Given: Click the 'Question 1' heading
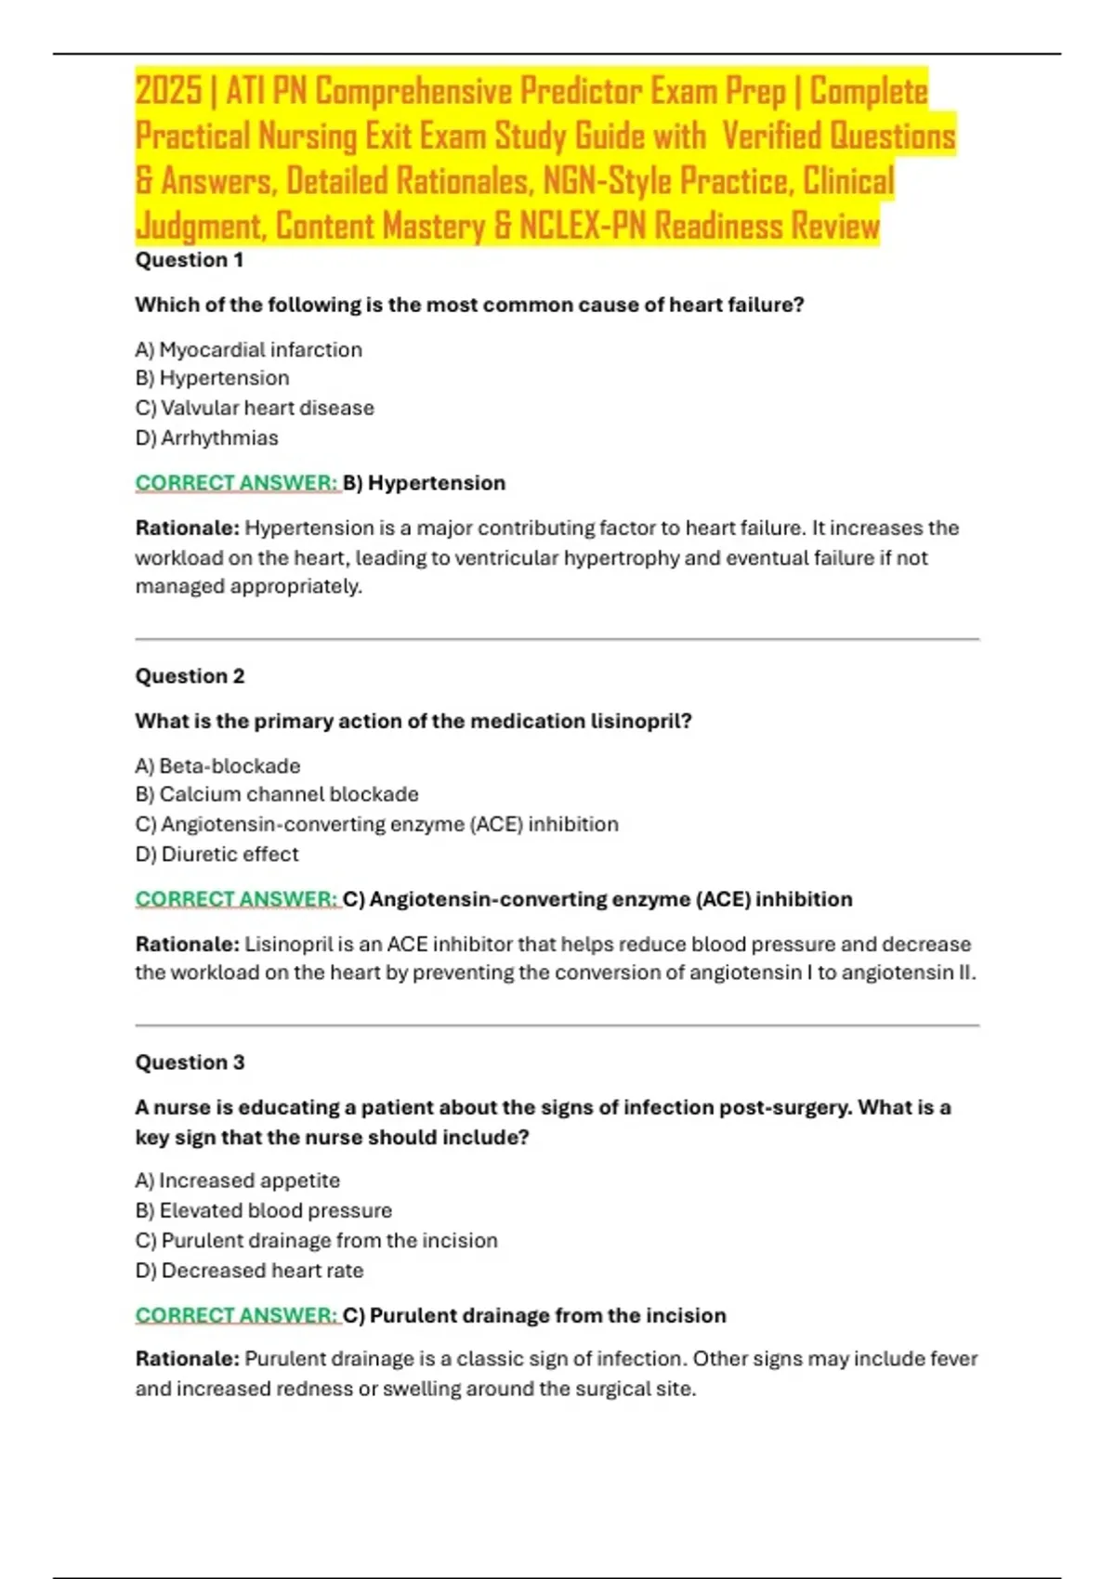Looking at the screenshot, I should (190, 260).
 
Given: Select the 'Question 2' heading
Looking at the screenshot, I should (190, 676).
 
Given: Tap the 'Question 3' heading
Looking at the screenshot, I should (190, 1063).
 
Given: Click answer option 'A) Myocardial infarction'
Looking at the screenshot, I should (249, 350).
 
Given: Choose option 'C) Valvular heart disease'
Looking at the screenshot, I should (255, 408).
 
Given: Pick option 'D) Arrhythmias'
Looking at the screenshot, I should (206, 437).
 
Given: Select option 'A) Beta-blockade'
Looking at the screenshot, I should (217, 766).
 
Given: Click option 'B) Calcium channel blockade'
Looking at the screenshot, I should (277, 794).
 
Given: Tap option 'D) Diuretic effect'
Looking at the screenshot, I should (217, 855).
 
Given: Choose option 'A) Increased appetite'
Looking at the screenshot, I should (238, 1181).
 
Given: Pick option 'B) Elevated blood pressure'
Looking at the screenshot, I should (264, 1210).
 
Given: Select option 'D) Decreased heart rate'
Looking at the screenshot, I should (249, 1271).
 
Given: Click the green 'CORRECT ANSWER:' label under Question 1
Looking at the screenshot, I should (237, 483).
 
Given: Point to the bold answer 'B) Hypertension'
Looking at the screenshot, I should (425, 483).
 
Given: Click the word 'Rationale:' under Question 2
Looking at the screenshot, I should (188, 945).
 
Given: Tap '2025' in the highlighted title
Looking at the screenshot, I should (168, 91).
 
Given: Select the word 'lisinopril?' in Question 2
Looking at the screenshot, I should (641, 722).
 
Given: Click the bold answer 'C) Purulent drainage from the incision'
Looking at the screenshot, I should (534, 1315).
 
